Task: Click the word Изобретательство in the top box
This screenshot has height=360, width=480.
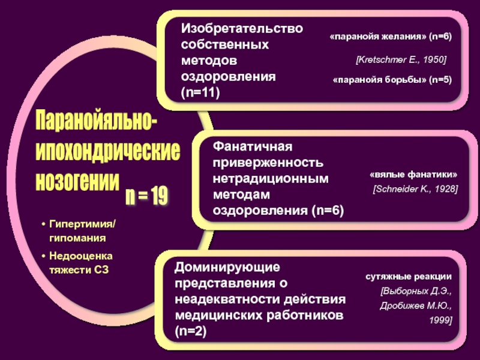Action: click(x=242, y=29)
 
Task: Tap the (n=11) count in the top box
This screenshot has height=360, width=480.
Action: click(x=201, y=92)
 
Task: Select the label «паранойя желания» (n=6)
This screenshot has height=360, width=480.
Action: click(x=391, y=37)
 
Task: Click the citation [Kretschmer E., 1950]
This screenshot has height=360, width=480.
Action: click(x=401, y=60)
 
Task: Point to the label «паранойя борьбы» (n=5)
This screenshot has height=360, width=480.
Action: click(x=392, y=80)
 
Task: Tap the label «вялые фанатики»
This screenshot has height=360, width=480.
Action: click(x=413, y=175)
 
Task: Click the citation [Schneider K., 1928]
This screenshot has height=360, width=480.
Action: click(x=415, y=189)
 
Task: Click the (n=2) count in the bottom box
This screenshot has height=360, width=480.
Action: click(x=191, y=331)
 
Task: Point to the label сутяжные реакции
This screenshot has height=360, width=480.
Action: click(x=409, y=278)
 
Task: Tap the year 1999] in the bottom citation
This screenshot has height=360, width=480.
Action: click(x=440, y=320)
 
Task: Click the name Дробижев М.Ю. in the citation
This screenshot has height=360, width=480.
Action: click(x=415, y=305)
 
